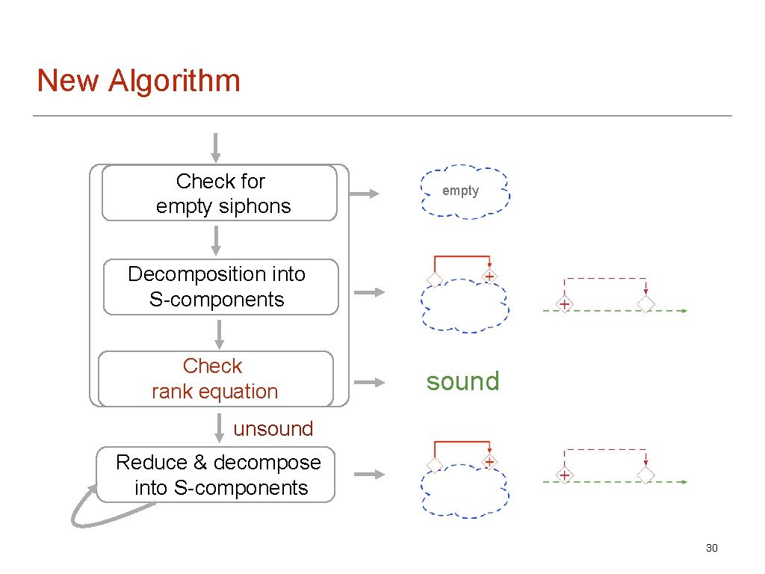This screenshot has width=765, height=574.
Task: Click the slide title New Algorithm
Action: pos(139,81)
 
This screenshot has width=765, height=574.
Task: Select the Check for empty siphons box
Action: pos(219,193)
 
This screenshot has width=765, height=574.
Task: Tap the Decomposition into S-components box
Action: pos(220,287)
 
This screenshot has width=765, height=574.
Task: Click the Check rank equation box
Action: pos(215,379)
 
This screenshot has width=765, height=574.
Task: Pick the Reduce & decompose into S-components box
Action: pos(216,475)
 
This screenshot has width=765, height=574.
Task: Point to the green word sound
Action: pos(462,382)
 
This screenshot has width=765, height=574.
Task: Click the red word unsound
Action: pos(273,429)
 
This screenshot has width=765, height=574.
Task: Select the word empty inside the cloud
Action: pos(460,191)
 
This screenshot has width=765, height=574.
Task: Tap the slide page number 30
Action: pos(711,549)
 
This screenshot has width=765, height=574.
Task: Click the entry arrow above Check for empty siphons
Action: pos(215,147)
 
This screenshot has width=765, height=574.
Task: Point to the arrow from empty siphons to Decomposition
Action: pos(215,240)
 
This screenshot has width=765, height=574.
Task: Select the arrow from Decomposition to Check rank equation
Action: pos(220,333)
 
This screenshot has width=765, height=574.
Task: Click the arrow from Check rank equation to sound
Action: pos(368,382)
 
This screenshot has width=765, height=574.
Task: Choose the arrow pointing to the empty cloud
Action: pos(365,194)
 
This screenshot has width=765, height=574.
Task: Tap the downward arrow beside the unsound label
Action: pos(217,428)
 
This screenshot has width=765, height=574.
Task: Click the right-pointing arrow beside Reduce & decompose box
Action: pos(368,475)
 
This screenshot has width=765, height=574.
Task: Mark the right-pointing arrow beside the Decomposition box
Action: pos(368,292)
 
